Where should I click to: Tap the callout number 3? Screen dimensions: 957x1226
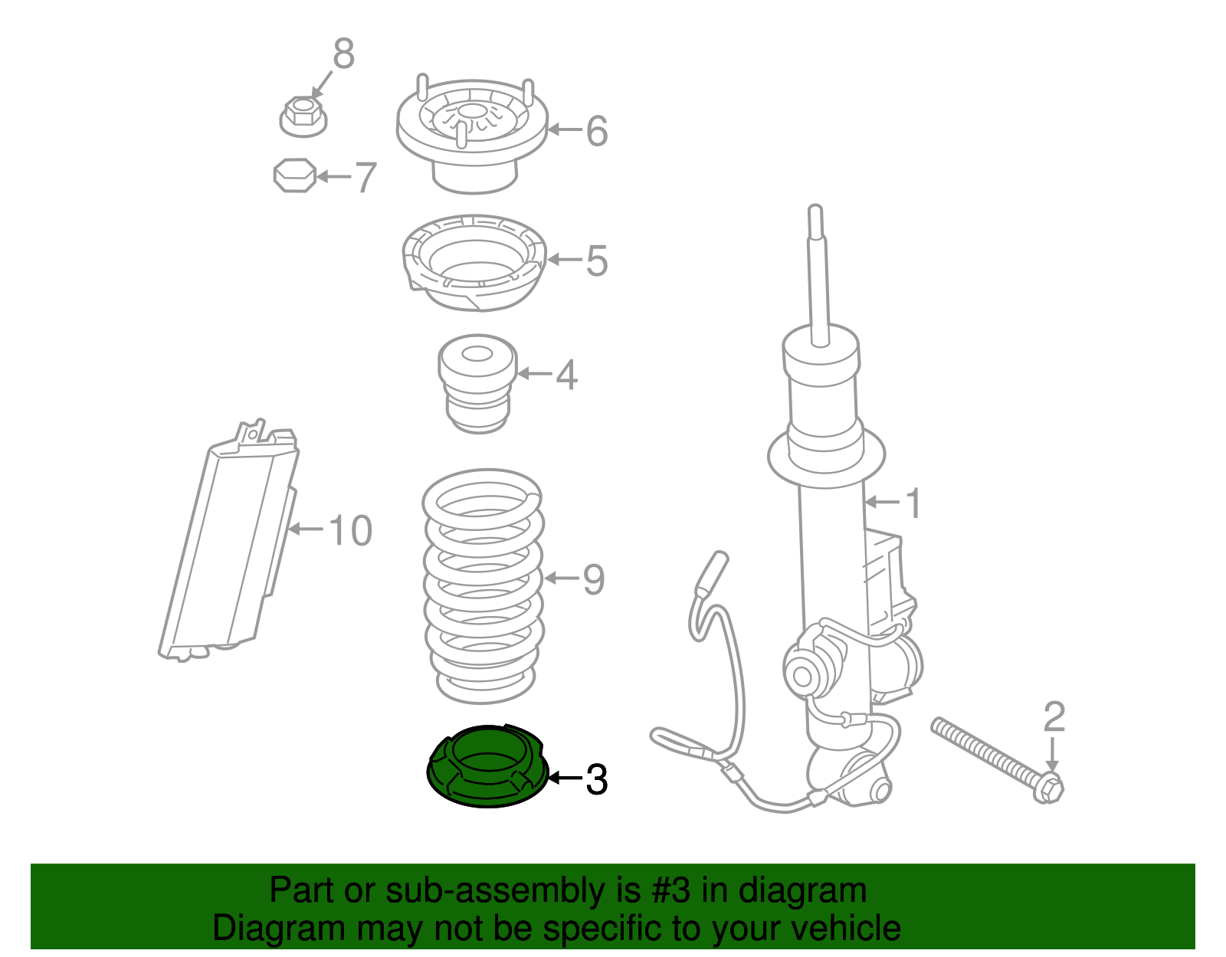click(596, 780)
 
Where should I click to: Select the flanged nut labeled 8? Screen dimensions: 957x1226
click(303, 116)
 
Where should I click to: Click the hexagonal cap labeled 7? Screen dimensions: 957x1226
click(295, 175)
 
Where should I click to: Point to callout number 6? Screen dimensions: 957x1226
click(596, 131)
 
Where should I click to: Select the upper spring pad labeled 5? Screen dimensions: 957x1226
click(474, 262)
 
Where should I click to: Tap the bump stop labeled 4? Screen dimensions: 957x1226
click(477, 383)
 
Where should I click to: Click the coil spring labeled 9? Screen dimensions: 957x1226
click(483, 586)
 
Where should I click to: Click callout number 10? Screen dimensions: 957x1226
click(350, 530)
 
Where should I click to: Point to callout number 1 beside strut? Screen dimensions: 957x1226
click(913, 503)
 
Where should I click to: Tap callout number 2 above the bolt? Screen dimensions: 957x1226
click(1054, 717)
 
